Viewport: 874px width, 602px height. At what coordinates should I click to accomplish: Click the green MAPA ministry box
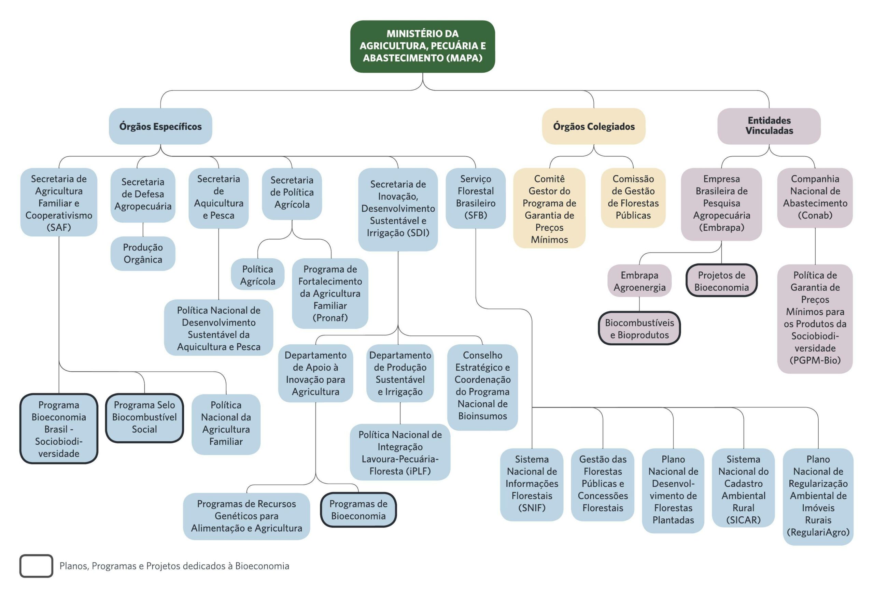(x=422, y=46)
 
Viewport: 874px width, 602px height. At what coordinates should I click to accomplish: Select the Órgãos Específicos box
(x=160, y=126)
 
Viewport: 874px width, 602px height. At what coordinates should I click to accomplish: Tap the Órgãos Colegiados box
(x=594, y=126)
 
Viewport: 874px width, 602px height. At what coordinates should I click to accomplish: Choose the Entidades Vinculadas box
(x=769, y=126)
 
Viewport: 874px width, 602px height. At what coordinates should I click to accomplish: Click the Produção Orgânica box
(x=143, y=254)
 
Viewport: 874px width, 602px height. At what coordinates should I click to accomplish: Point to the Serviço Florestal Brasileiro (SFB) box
(x=476, y=197)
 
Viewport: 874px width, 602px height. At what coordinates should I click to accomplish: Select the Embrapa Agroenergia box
(x=639, y=281)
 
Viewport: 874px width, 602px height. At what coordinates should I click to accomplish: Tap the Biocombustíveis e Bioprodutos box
(x=639, y=329)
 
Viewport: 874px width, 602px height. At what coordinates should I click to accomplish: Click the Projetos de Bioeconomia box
(x=721, y=281)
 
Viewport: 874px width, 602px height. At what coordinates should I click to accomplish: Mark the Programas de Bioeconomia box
(x=358, y=510)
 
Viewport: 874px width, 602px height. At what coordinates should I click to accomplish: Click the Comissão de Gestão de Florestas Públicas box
(x=633, y=197)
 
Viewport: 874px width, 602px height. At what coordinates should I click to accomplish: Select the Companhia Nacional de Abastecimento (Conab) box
(x=815, y=197)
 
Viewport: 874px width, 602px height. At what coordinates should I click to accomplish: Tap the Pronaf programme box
(x=330, y=293)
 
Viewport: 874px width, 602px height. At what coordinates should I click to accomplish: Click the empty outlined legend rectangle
(x=36, y=566)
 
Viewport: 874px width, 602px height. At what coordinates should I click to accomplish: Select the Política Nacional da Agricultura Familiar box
(x=226, y=423)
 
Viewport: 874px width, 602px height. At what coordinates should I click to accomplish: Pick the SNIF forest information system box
(x=531, y=484)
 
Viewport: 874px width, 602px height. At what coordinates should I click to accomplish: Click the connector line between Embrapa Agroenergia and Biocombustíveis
(x=639, y=304)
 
